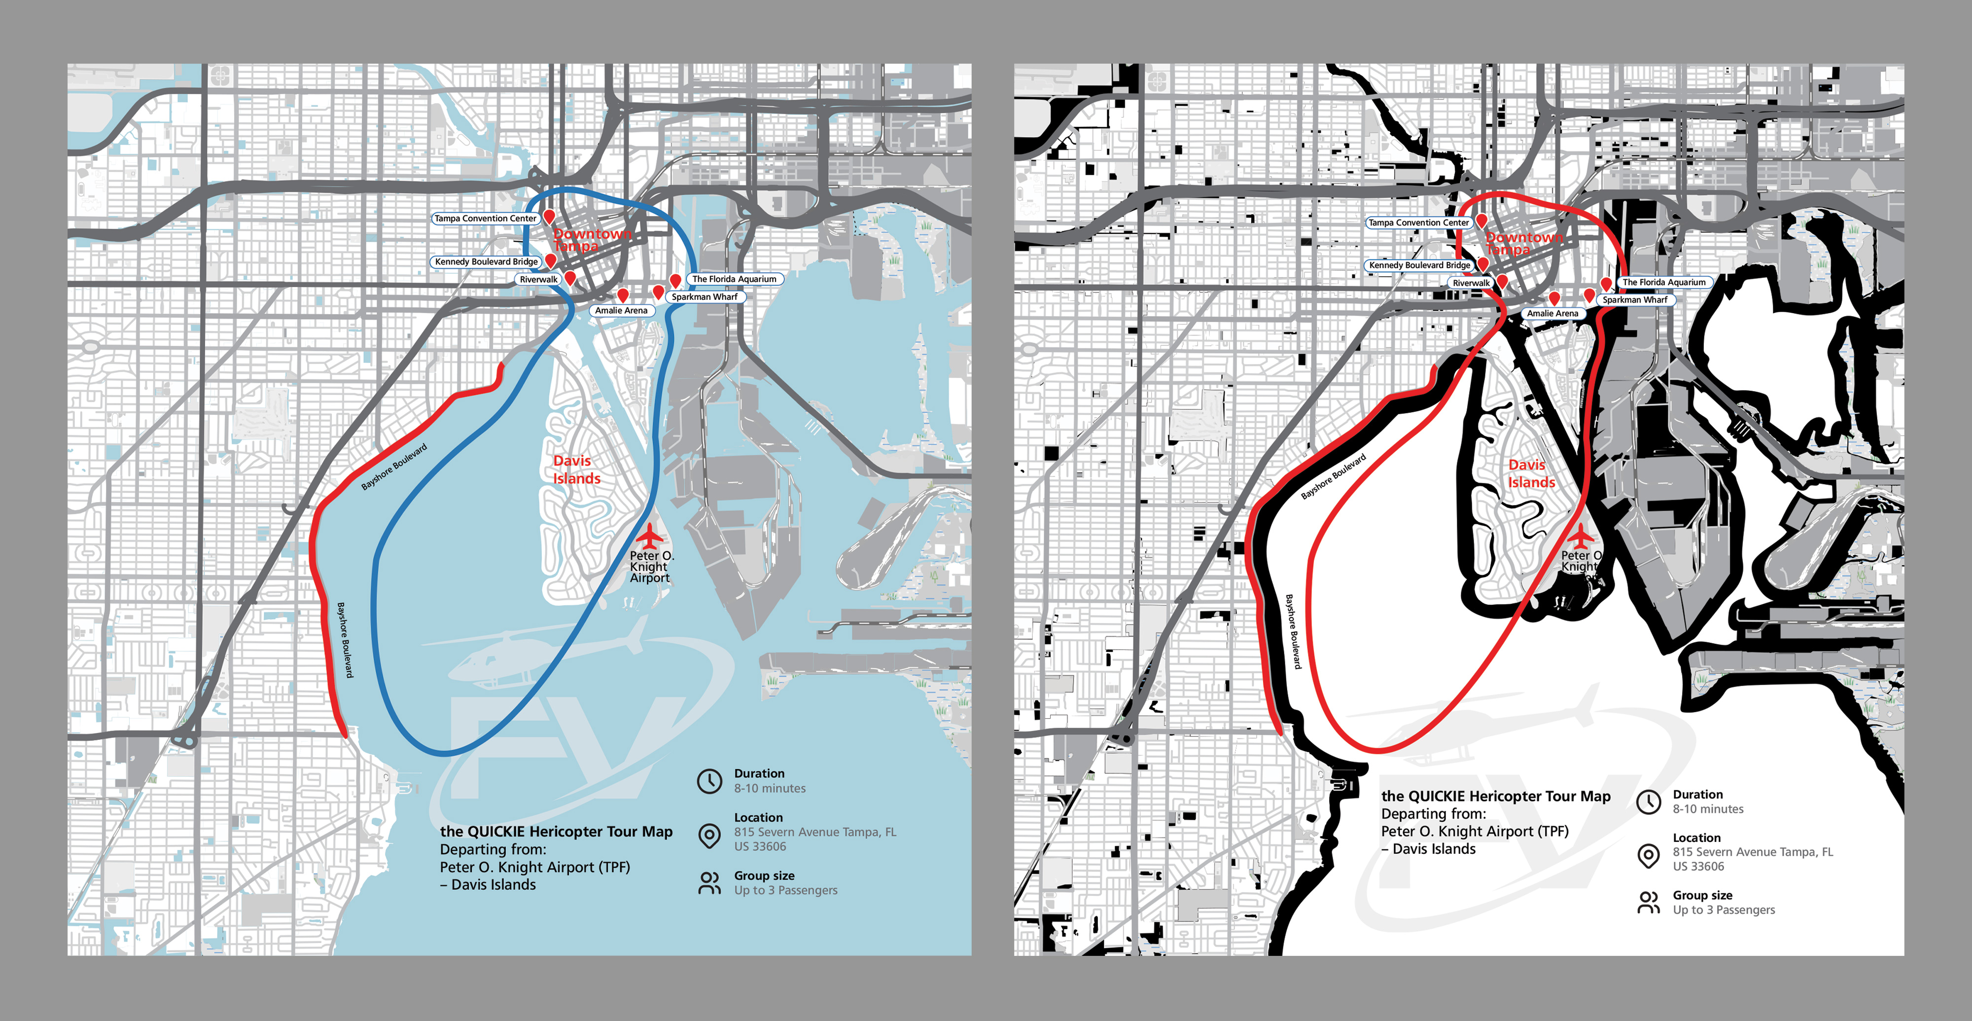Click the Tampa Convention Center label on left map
pos(485,219)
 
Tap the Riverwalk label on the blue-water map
pos(538,280)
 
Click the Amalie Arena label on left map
pos(621,310)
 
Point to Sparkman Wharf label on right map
pos(1634,299)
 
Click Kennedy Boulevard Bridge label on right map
pos(1418,265)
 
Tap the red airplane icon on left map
pos(649,535)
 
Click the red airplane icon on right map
pos(1580,534)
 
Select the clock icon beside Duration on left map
pos(709,780)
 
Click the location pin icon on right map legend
pos(1648,856)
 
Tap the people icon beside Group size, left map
pos(709,883)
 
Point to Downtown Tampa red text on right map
pos(1523,244)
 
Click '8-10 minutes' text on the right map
pos(1707,809)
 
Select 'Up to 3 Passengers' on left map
pos(785,890)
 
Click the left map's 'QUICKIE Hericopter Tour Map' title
pos(556,832)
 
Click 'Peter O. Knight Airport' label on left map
pos(650,567)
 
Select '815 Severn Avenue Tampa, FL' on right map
pos(1752,852)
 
